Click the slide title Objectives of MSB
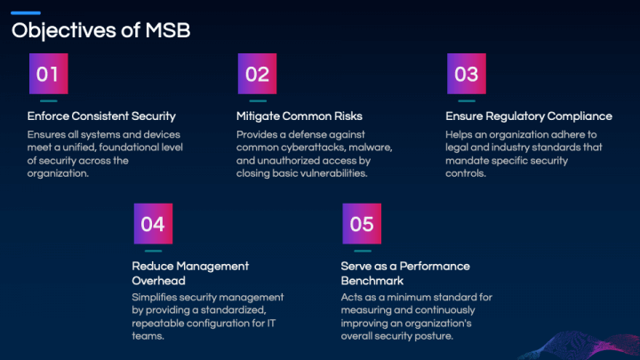tap(100, 31)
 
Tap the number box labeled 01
tap(49, 74)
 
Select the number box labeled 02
tap(258, 74)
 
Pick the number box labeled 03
tap(467, 74)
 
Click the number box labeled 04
tap(153, 224)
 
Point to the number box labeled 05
tap(362, 224)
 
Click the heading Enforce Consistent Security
tap(101, 116)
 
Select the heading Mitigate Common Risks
tap(300, 116)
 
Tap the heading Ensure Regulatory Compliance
tap(529, 116)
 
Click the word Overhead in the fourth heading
tap(159, 281)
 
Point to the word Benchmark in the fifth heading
tap(372, 281)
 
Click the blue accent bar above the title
tap(26, 13)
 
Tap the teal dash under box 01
tap(49, 100)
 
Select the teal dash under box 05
tap(363, 251)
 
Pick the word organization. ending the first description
tap(58, 173)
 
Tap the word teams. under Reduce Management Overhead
tap(148, 336)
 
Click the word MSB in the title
tap(168, 30)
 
